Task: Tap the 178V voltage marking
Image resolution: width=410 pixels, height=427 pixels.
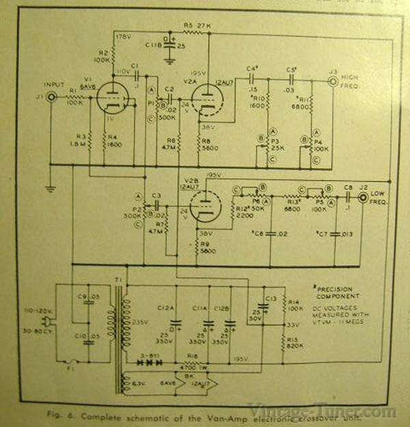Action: pyautogui.click(x=123, y=35)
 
